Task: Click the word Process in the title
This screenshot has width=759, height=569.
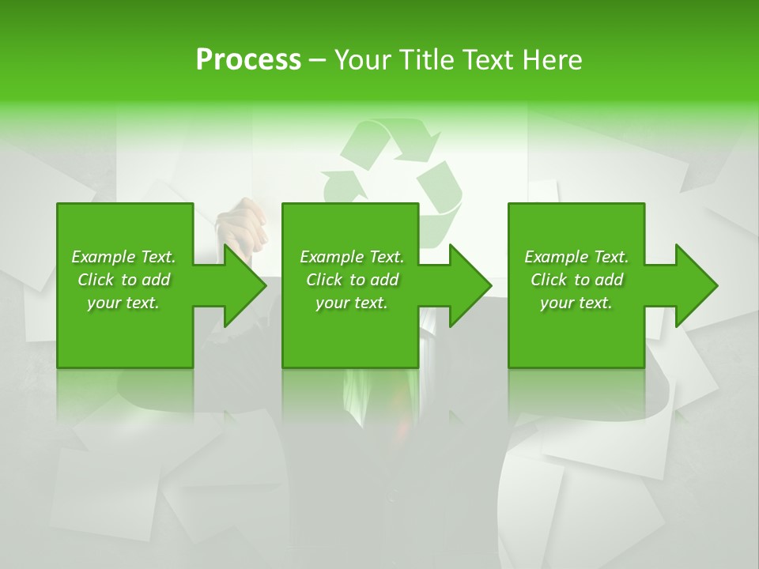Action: [x=248, y=60]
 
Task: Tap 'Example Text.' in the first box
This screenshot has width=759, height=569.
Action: [x=123, y=257]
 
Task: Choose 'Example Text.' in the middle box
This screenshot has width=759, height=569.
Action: [x=352, y=257]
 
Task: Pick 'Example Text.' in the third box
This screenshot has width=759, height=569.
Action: [x=576, y=257]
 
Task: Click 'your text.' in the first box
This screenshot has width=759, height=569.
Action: [x=123, y=303]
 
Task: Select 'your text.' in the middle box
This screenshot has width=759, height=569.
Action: [x=352, y=303]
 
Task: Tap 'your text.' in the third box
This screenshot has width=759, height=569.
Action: [x=576, y=303]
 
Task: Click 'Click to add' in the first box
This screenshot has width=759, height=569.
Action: [x=123, y=280]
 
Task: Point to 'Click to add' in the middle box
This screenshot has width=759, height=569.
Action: [x=352, y=280]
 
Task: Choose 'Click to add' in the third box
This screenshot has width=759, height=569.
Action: [x=576, y=280]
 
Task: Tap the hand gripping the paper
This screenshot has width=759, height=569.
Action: [x=243, y=225]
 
